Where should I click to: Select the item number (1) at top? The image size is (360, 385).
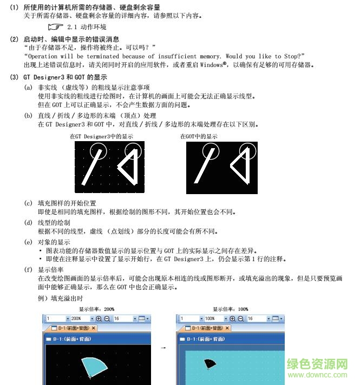[x=14, y=6]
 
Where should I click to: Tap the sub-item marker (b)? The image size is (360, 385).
[x=28, y=116]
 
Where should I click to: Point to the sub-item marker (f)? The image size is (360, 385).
[x=28, y=269]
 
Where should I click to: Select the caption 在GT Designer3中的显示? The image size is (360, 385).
[x=101, y=137]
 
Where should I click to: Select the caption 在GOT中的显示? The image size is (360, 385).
[x=199, y=137]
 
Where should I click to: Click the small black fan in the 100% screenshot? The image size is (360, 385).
[x=210, y=364]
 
